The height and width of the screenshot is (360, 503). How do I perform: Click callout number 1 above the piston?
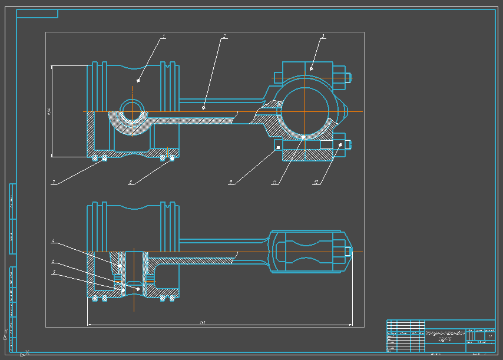(x=164, y=36)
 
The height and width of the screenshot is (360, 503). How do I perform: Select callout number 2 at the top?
(x=224, y=36)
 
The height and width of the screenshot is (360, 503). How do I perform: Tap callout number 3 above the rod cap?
(x=323, y=36)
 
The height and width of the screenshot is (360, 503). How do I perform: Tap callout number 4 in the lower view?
(x=53, y=241)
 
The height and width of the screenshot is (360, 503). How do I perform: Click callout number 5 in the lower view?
(x=53, y=272)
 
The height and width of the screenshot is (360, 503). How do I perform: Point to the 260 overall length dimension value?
(x=203, y=322)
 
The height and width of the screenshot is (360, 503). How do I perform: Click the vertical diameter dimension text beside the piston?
(x=49, y=111)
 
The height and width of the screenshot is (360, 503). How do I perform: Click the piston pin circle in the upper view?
(x=133, y=110)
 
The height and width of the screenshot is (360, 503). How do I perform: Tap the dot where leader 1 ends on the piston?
(x=139, y=80)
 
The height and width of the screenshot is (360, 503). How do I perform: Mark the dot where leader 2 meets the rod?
(x=203, y=107)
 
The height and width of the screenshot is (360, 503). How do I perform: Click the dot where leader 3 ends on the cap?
(x=312, y=69)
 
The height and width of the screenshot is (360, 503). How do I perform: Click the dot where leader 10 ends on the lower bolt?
(x=340, y=144)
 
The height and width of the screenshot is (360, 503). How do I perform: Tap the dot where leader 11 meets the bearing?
(x=303, y=137)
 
